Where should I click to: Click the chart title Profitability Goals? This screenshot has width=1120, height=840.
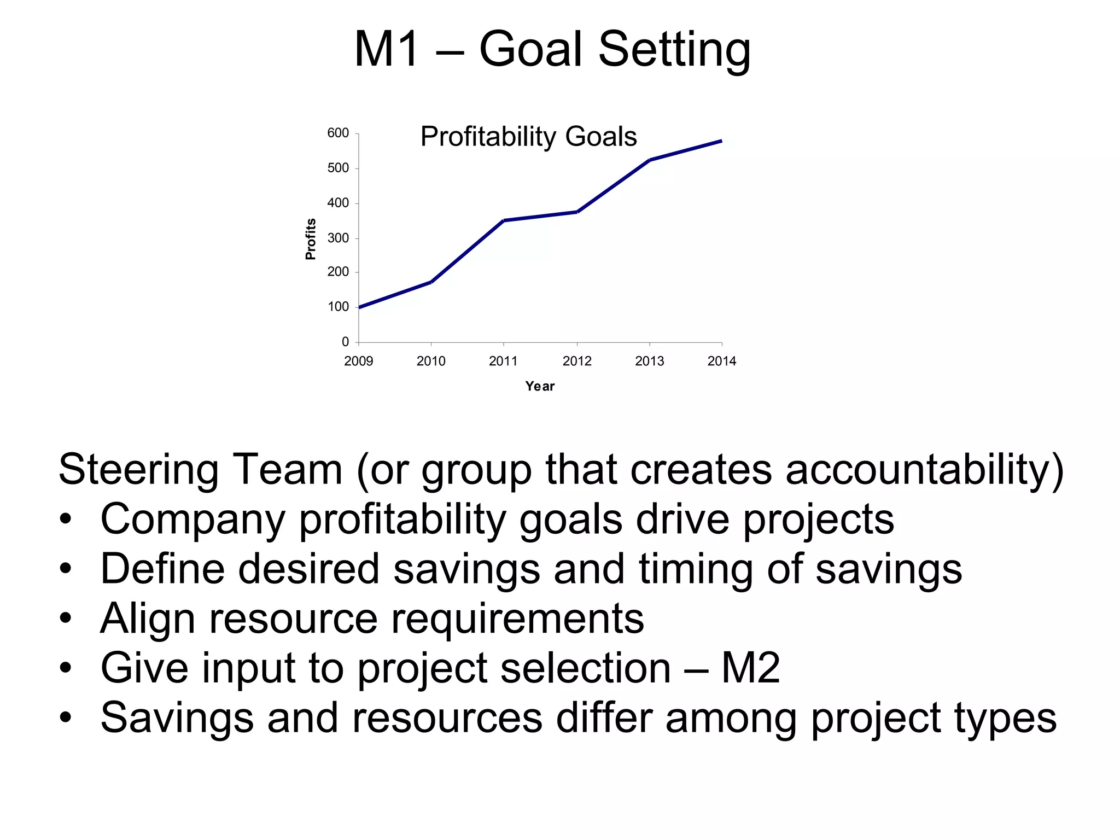[x=528, y=137]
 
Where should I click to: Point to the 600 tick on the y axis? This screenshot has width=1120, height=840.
[x=338, y=133]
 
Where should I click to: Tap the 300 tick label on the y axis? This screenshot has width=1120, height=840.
[x=338, y=238]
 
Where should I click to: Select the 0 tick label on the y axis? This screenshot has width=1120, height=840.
[x=345, y=342]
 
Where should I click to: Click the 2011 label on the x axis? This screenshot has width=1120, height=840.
[x=503, y=361]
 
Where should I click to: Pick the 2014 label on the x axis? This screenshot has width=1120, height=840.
[x=722, y=361]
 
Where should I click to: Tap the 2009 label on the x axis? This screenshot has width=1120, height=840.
[x=359, y=361]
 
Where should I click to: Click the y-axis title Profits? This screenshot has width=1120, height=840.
[x=311, y=239]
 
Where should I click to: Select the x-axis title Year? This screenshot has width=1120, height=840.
[x=540, y=386]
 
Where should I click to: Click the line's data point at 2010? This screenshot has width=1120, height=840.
[x=431, y=282]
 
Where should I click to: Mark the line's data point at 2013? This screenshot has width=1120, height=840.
[x=650, y=160]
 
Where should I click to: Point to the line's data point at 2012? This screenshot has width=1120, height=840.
[x=577, y=212]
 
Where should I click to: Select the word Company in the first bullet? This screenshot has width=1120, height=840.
[x=192, y=520]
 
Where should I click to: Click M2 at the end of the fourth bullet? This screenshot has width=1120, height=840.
[x=750, y=668]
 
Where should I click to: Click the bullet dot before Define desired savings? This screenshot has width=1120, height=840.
[x=66, y=569]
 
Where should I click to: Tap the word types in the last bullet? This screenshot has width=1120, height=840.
[x=1005, y=718]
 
